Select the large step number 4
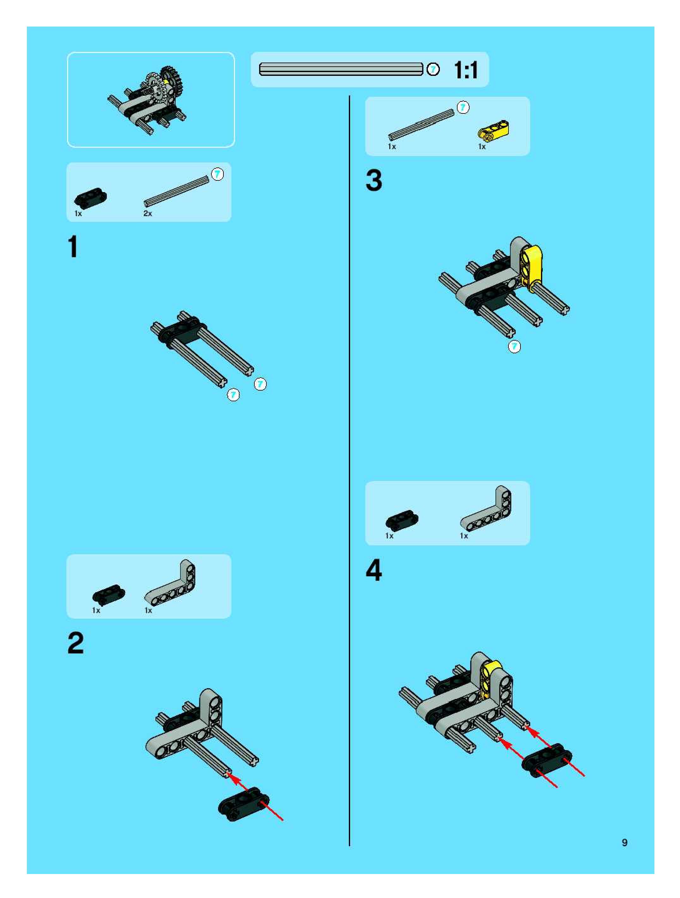tap(374, 570)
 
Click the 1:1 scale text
tap(466, 70)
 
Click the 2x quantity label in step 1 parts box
tap(148, 214)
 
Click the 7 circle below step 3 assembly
tap(514, 346)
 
